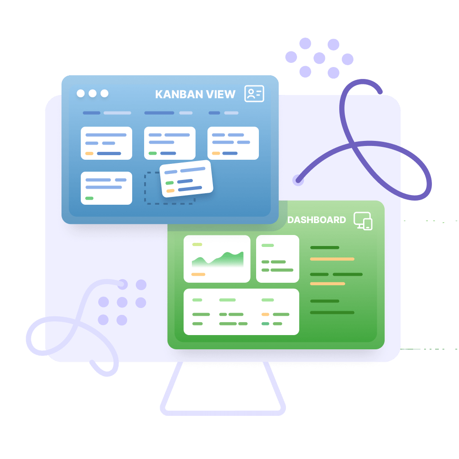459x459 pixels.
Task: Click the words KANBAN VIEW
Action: point(195,95)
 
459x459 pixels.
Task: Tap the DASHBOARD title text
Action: point(317,220)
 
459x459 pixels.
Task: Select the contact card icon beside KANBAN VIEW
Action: point(254,94)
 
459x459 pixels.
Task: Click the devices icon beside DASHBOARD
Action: point(363,221)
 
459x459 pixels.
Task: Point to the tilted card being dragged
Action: point(186,179)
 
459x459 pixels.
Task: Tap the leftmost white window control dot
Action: point(81,94)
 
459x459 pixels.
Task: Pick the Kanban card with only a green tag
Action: point(106,188)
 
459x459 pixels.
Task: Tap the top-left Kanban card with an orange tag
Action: point(106,143)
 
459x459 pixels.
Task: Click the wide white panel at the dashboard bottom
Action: point(241,312)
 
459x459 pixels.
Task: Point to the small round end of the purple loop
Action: point(298,180)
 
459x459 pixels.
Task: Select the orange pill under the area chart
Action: point(198,274)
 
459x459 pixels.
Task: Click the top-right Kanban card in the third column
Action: point(233,143)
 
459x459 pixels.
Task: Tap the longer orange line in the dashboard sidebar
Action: point(332,259)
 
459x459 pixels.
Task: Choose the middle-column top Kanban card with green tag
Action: point(170,143)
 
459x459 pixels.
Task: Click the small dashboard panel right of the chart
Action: point(278,258)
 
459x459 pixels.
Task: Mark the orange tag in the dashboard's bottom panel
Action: point(265,314)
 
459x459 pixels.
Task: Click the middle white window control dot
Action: point(93,94)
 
